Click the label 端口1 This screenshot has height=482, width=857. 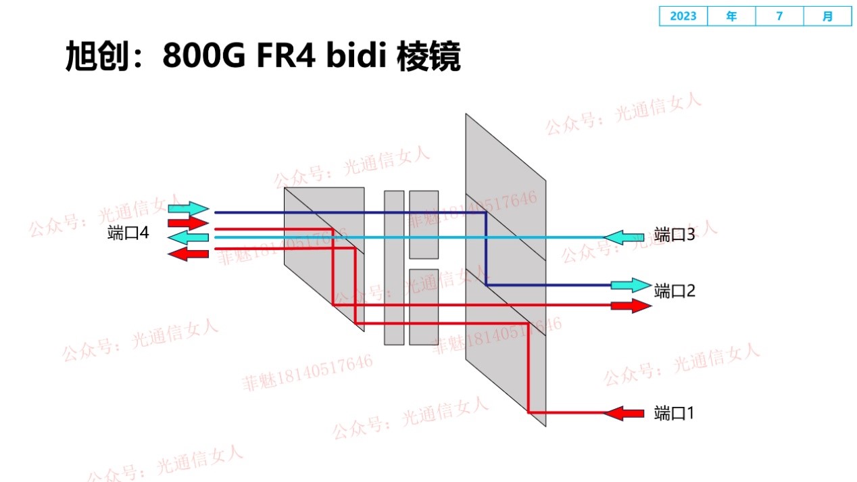674,413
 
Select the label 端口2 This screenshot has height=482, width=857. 675,291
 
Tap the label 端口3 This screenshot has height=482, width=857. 675,235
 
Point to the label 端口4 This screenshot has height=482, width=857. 128,233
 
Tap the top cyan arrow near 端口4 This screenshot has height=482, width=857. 189,208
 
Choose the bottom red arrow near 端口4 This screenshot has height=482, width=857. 188,254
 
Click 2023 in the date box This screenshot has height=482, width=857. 683,16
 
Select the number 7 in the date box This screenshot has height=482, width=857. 779,16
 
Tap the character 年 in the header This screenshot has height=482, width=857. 731,16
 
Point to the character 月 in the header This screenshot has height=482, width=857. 828,16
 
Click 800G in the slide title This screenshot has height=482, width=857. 203,57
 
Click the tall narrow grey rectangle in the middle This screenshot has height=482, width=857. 394,268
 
